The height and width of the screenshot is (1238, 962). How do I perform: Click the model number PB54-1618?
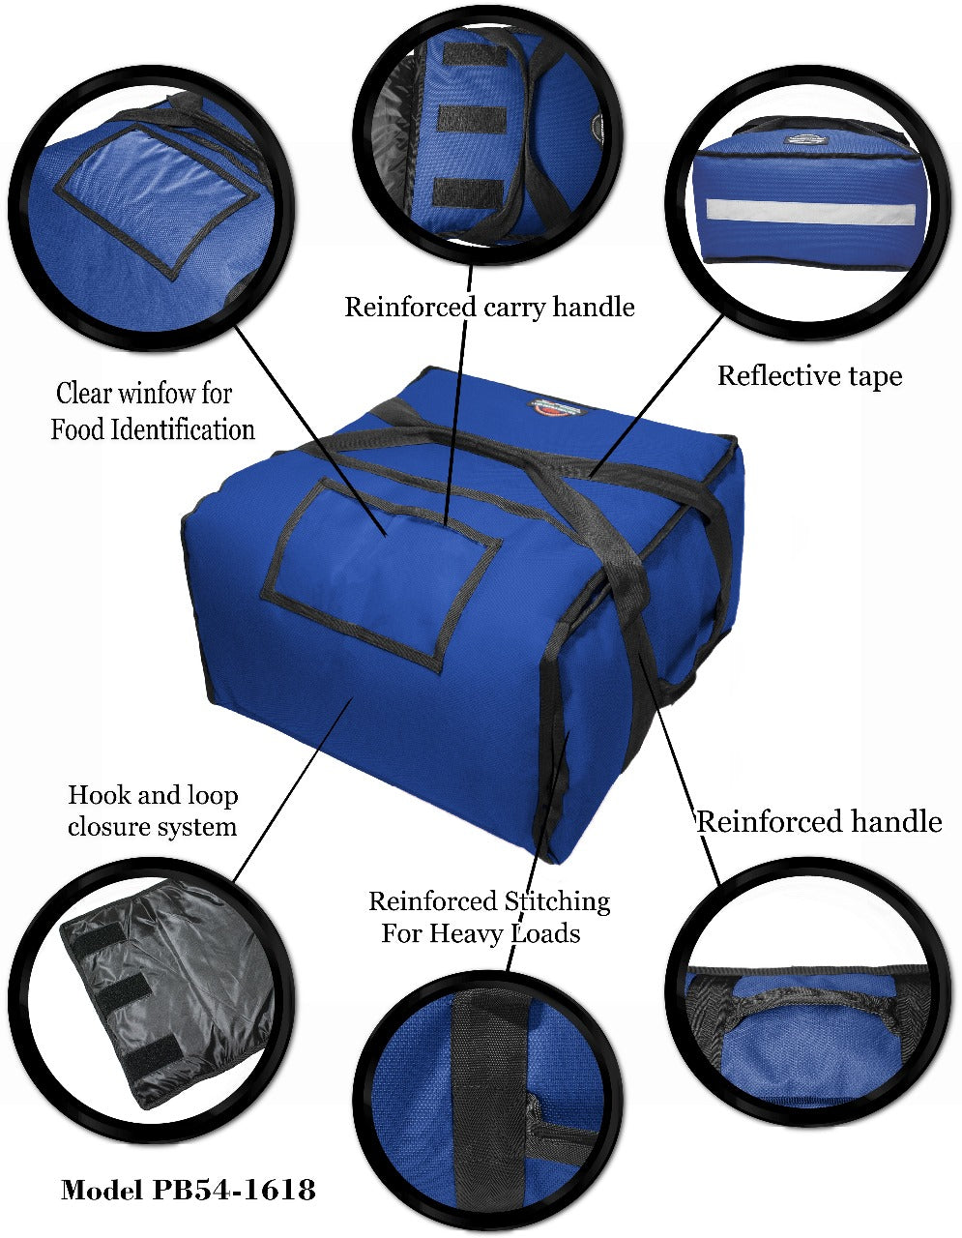[x=233, y=1189]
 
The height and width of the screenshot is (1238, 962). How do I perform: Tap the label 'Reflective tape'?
[x=809, y=376]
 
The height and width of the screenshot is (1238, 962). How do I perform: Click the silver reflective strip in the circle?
[x=810, y=212]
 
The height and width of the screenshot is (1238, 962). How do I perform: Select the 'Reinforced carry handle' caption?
[x=489, y=307]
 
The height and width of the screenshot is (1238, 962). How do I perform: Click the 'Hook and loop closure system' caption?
[x=153, y=811]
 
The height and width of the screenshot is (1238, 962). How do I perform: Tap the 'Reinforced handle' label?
[x=820, y=821]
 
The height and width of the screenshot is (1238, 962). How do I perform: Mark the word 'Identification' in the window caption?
[x=182, y=429]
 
